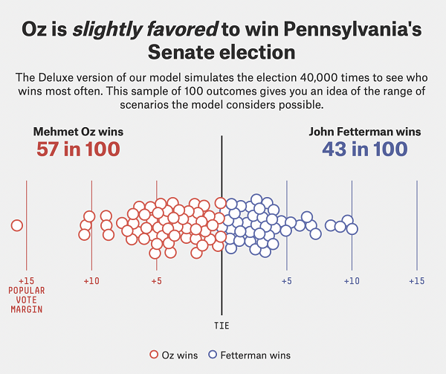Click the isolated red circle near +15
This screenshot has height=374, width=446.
16,225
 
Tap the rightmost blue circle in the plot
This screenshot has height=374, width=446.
352,228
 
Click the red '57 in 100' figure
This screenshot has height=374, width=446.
78,149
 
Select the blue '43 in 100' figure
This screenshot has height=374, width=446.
364,149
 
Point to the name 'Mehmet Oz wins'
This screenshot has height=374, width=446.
78,132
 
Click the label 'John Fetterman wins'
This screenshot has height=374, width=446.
364,132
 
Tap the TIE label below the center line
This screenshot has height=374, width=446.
222,326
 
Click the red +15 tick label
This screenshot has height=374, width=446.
26,281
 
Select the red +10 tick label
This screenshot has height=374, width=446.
91,281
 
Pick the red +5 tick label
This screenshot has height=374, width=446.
156,281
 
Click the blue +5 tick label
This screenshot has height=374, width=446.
286,281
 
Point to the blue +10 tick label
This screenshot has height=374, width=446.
352,281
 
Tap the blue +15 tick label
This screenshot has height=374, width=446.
416,281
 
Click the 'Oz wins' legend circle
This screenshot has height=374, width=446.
155,355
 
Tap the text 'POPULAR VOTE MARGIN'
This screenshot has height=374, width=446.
26,300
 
